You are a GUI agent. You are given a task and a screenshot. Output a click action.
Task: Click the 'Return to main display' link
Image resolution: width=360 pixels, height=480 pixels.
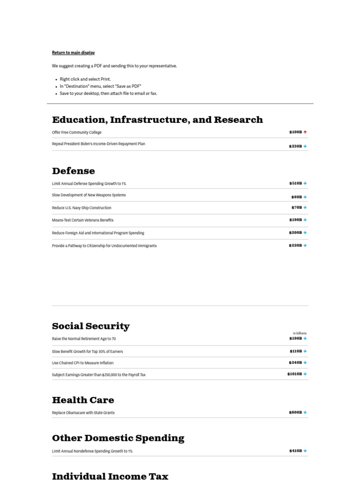coord(73,52)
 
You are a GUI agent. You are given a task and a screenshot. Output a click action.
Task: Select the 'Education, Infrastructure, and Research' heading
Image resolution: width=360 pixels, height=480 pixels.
coord(157,120)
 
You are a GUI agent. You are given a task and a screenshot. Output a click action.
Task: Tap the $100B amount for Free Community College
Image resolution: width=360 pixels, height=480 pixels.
coord(295,132)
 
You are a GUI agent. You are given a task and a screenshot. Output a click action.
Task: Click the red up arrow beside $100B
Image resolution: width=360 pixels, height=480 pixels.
coord(305,132)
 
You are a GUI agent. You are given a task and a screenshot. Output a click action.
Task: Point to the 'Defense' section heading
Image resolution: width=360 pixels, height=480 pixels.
coord(74,171)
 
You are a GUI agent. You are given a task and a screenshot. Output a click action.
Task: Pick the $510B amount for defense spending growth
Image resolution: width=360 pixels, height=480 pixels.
coord(295,183)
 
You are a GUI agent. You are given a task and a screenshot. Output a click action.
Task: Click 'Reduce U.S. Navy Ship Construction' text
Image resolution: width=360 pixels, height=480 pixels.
coord(82,208)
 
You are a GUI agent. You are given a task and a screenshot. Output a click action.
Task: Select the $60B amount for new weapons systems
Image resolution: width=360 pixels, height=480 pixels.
coord(296,197)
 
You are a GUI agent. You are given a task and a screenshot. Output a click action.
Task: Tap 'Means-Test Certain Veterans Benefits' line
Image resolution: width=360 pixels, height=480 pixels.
coord(82,220)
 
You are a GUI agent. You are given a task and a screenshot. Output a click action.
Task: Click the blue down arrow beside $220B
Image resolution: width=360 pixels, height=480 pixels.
coord(305,245)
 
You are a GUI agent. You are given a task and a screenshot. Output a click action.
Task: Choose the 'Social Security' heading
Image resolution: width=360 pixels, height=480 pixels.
coord(91,326)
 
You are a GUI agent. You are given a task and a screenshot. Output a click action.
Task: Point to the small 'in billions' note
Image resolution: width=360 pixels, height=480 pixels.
coord(300,333)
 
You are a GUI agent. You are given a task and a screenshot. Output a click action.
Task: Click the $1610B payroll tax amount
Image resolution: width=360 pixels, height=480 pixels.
coord(294,374)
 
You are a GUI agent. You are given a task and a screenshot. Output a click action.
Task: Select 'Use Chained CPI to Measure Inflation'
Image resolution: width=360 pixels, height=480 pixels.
coord(82,363)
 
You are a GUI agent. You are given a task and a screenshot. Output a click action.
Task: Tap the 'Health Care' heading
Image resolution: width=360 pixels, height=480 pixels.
coord(83,400)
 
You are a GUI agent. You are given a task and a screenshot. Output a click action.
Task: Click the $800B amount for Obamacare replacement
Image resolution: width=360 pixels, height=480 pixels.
coord(295,412)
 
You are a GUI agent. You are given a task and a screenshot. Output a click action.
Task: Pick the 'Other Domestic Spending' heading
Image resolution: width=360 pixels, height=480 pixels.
coord(118,438)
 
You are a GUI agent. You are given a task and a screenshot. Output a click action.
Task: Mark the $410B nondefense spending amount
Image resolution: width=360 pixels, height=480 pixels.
coord(295,451)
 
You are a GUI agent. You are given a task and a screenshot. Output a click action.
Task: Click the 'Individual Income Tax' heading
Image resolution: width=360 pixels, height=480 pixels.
coord(110,476)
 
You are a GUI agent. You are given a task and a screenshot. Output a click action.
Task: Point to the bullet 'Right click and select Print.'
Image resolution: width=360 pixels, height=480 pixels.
coord(85,79)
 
